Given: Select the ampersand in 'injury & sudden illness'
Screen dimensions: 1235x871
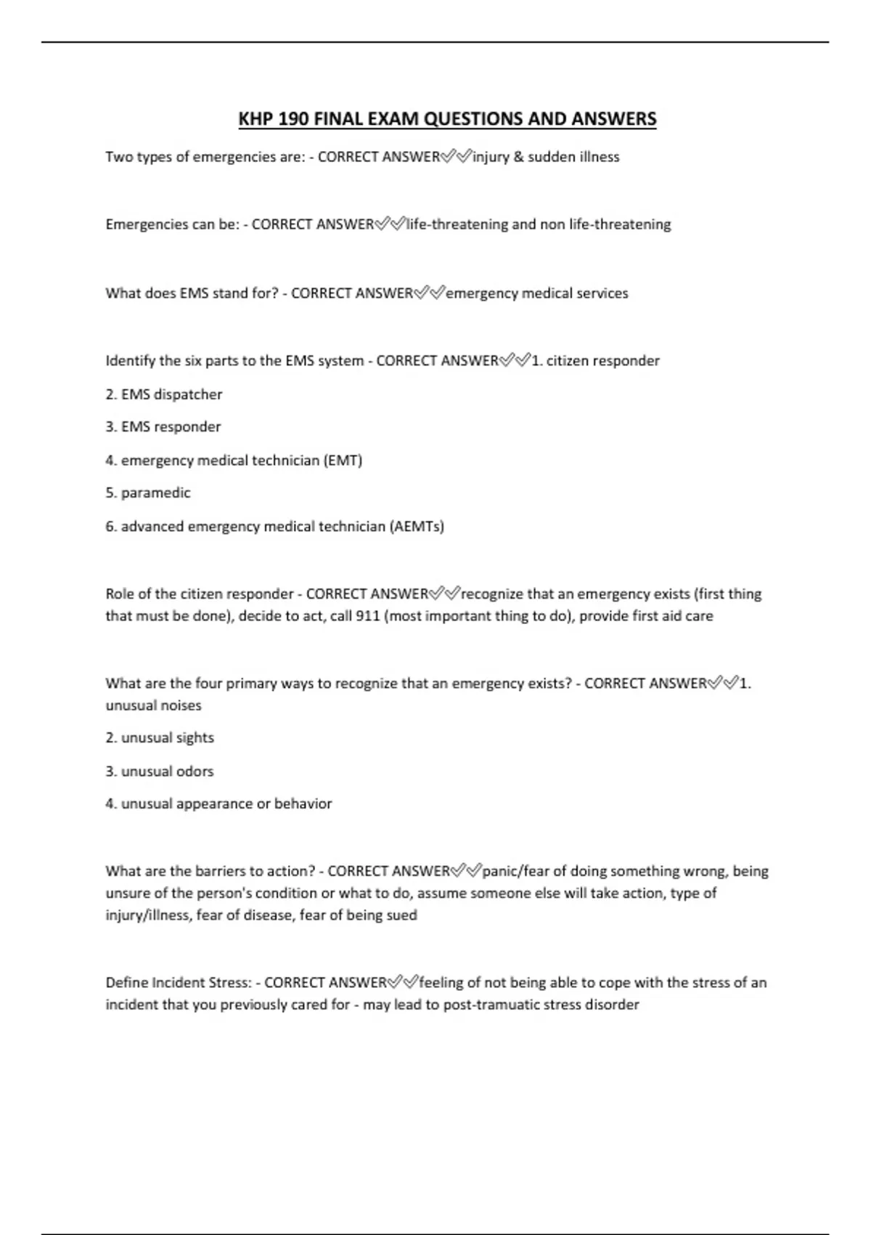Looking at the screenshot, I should (518, 157).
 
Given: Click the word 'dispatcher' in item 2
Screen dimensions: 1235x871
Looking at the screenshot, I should (188, 394).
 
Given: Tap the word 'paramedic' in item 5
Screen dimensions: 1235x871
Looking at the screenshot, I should (155, 493).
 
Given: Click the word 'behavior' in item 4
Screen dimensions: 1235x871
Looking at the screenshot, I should (303, 804).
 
